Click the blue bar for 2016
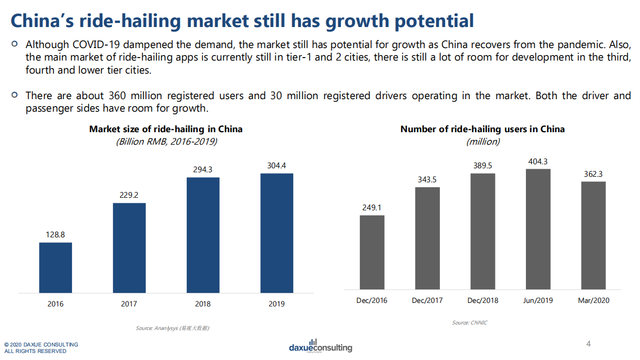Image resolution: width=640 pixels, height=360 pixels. pos(56,267)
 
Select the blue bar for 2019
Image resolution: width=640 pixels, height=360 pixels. pos(277,233)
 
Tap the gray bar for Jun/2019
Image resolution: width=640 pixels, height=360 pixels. pos(538,229)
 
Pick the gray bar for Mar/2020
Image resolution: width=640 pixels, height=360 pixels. pos(593,235)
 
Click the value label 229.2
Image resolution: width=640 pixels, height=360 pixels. pos(129,195)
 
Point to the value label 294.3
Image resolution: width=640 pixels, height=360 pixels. pos(203,170)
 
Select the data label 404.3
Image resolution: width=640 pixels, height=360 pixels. pos(538,161)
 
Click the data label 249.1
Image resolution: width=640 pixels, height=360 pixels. pos(372,207)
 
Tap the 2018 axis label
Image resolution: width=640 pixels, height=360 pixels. pos(203,304)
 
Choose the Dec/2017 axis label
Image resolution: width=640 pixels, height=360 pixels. pos(427,300)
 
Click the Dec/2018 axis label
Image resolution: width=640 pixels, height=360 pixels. pos(482,300)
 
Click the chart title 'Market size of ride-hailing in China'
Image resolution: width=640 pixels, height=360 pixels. pos(166,129)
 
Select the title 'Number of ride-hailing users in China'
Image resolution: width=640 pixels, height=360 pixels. pos(482,129)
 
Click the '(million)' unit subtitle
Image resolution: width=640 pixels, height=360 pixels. pos(482,142)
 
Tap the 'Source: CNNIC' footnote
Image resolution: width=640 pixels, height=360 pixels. pos(469,323)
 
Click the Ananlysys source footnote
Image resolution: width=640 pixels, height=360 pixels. pos(173,328)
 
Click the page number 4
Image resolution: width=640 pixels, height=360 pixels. pos(588,344)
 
